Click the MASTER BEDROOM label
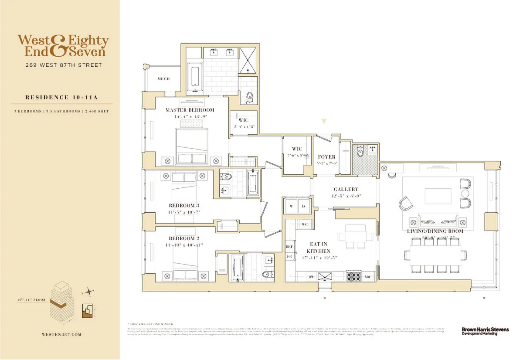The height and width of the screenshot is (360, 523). point(190,110)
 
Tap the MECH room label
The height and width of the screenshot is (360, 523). point(163,79)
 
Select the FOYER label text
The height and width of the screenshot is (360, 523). point(326,157)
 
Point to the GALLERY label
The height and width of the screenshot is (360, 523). point(346,189)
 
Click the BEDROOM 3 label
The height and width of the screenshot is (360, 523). point(184,205)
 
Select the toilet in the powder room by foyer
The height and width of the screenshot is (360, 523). point(360,151)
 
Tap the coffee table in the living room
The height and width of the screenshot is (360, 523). point(438,194)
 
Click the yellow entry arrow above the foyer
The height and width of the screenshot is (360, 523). point(323,122)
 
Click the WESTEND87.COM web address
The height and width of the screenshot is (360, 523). point(60,335)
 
